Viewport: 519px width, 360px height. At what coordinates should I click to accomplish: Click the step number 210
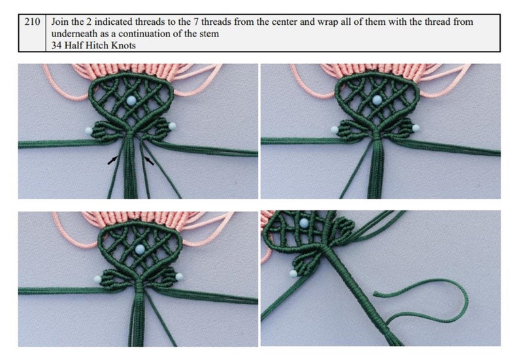(31, 22)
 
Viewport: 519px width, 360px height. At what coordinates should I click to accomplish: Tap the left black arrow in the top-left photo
(113, 159)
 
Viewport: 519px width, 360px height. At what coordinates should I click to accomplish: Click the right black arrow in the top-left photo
(150, 159)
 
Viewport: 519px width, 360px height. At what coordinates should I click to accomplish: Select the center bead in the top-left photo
(133, 100)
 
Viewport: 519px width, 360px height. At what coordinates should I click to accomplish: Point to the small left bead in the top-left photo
(88, 131)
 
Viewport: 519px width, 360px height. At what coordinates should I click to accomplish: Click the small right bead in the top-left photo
(173, 125)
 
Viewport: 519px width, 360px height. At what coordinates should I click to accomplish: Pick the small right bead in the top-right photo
(416, 127)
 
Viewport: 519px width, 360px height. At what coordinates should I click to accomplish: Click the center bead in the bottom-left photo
(139, 249)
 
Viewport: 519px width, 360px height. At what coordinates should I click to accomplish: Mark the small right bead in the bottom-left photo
(178, 277)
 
